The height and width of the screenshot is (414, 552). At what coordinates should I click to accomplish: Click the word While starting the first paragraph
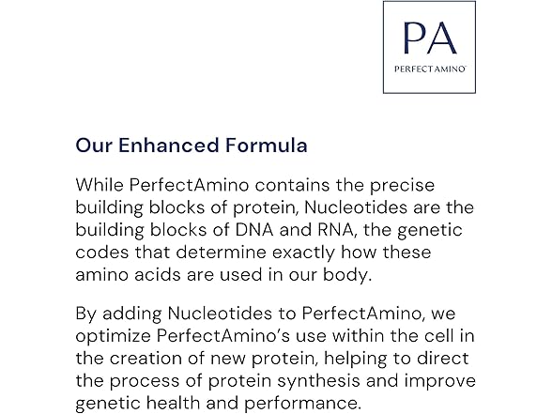click(x=100, y=186)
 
